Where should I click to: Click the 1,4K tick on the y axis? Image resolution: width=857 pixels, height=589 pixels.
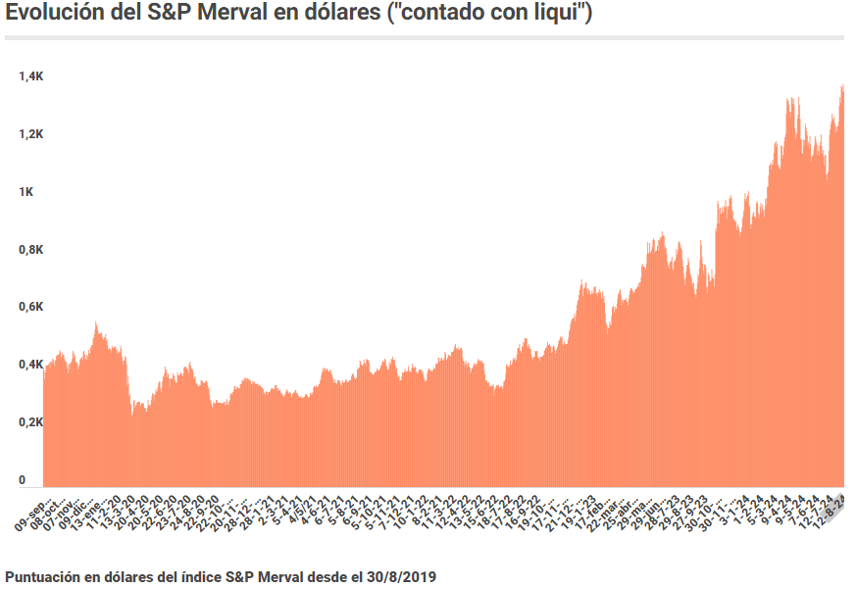(28, 76)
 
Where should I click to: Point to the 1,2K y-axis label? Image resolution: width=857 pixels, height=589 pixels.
(28, 134)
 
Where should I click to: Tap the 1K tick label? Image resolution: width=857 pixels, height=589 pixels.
(25, 192)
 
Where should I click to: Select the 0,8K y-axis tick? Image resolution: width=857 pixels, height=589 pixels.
(28, 250)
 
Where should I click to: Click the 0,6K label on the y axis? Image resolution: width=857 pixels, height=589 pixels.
(28, 308)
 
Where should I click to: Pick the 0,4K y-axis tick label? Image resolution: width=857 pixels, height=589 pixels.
(28, 366)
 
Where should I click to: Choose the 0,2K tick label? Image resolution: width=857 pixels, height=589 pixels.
(28, 423)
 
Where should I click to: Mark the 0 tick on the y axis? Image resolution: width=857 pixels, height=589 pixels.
(22, 480)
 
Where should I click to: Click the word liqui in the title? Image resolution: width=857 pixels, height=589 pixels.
(560, 16)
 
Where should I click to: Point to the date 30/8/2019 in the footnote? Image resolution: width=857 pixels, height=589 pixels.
(403, 577)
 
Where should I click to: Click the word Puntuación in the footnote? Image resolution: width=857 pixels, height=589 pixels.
(43, 577)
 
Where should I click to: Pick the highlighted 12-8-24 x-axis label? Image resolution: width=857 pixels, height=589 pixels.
(832, 509)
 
